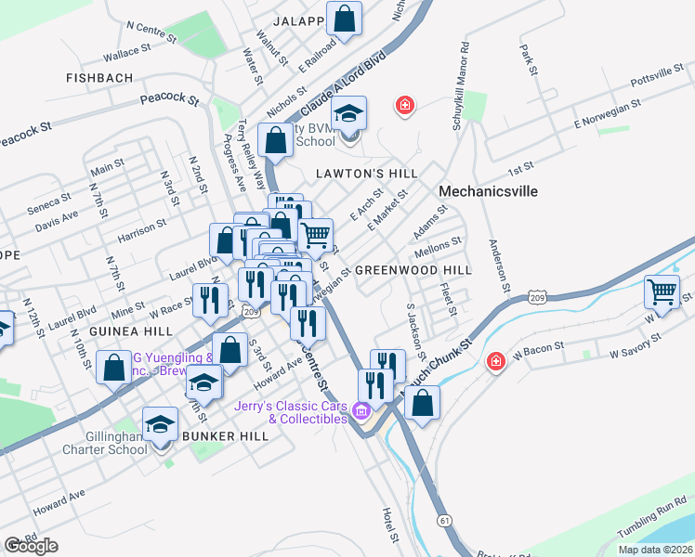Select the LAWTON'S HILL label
click(365, 174)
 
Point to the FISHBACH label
click(99, 79)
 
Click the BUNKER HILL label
click(225, 435)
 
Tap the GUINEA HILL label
click(131, 331)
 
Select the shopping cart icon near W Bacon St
click(662, 291)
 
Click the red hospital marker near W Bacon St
click(496, 359)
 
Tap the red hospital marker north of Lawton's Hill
click(404, 105)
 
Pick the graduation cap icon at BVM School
click(349, 113)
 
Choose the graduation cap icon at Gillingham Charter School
click(161, 424)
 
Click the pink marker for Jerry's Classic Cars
click(361, 411)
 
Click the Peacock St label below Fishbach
click(170, 97)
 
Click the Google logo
click(31, 546)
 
